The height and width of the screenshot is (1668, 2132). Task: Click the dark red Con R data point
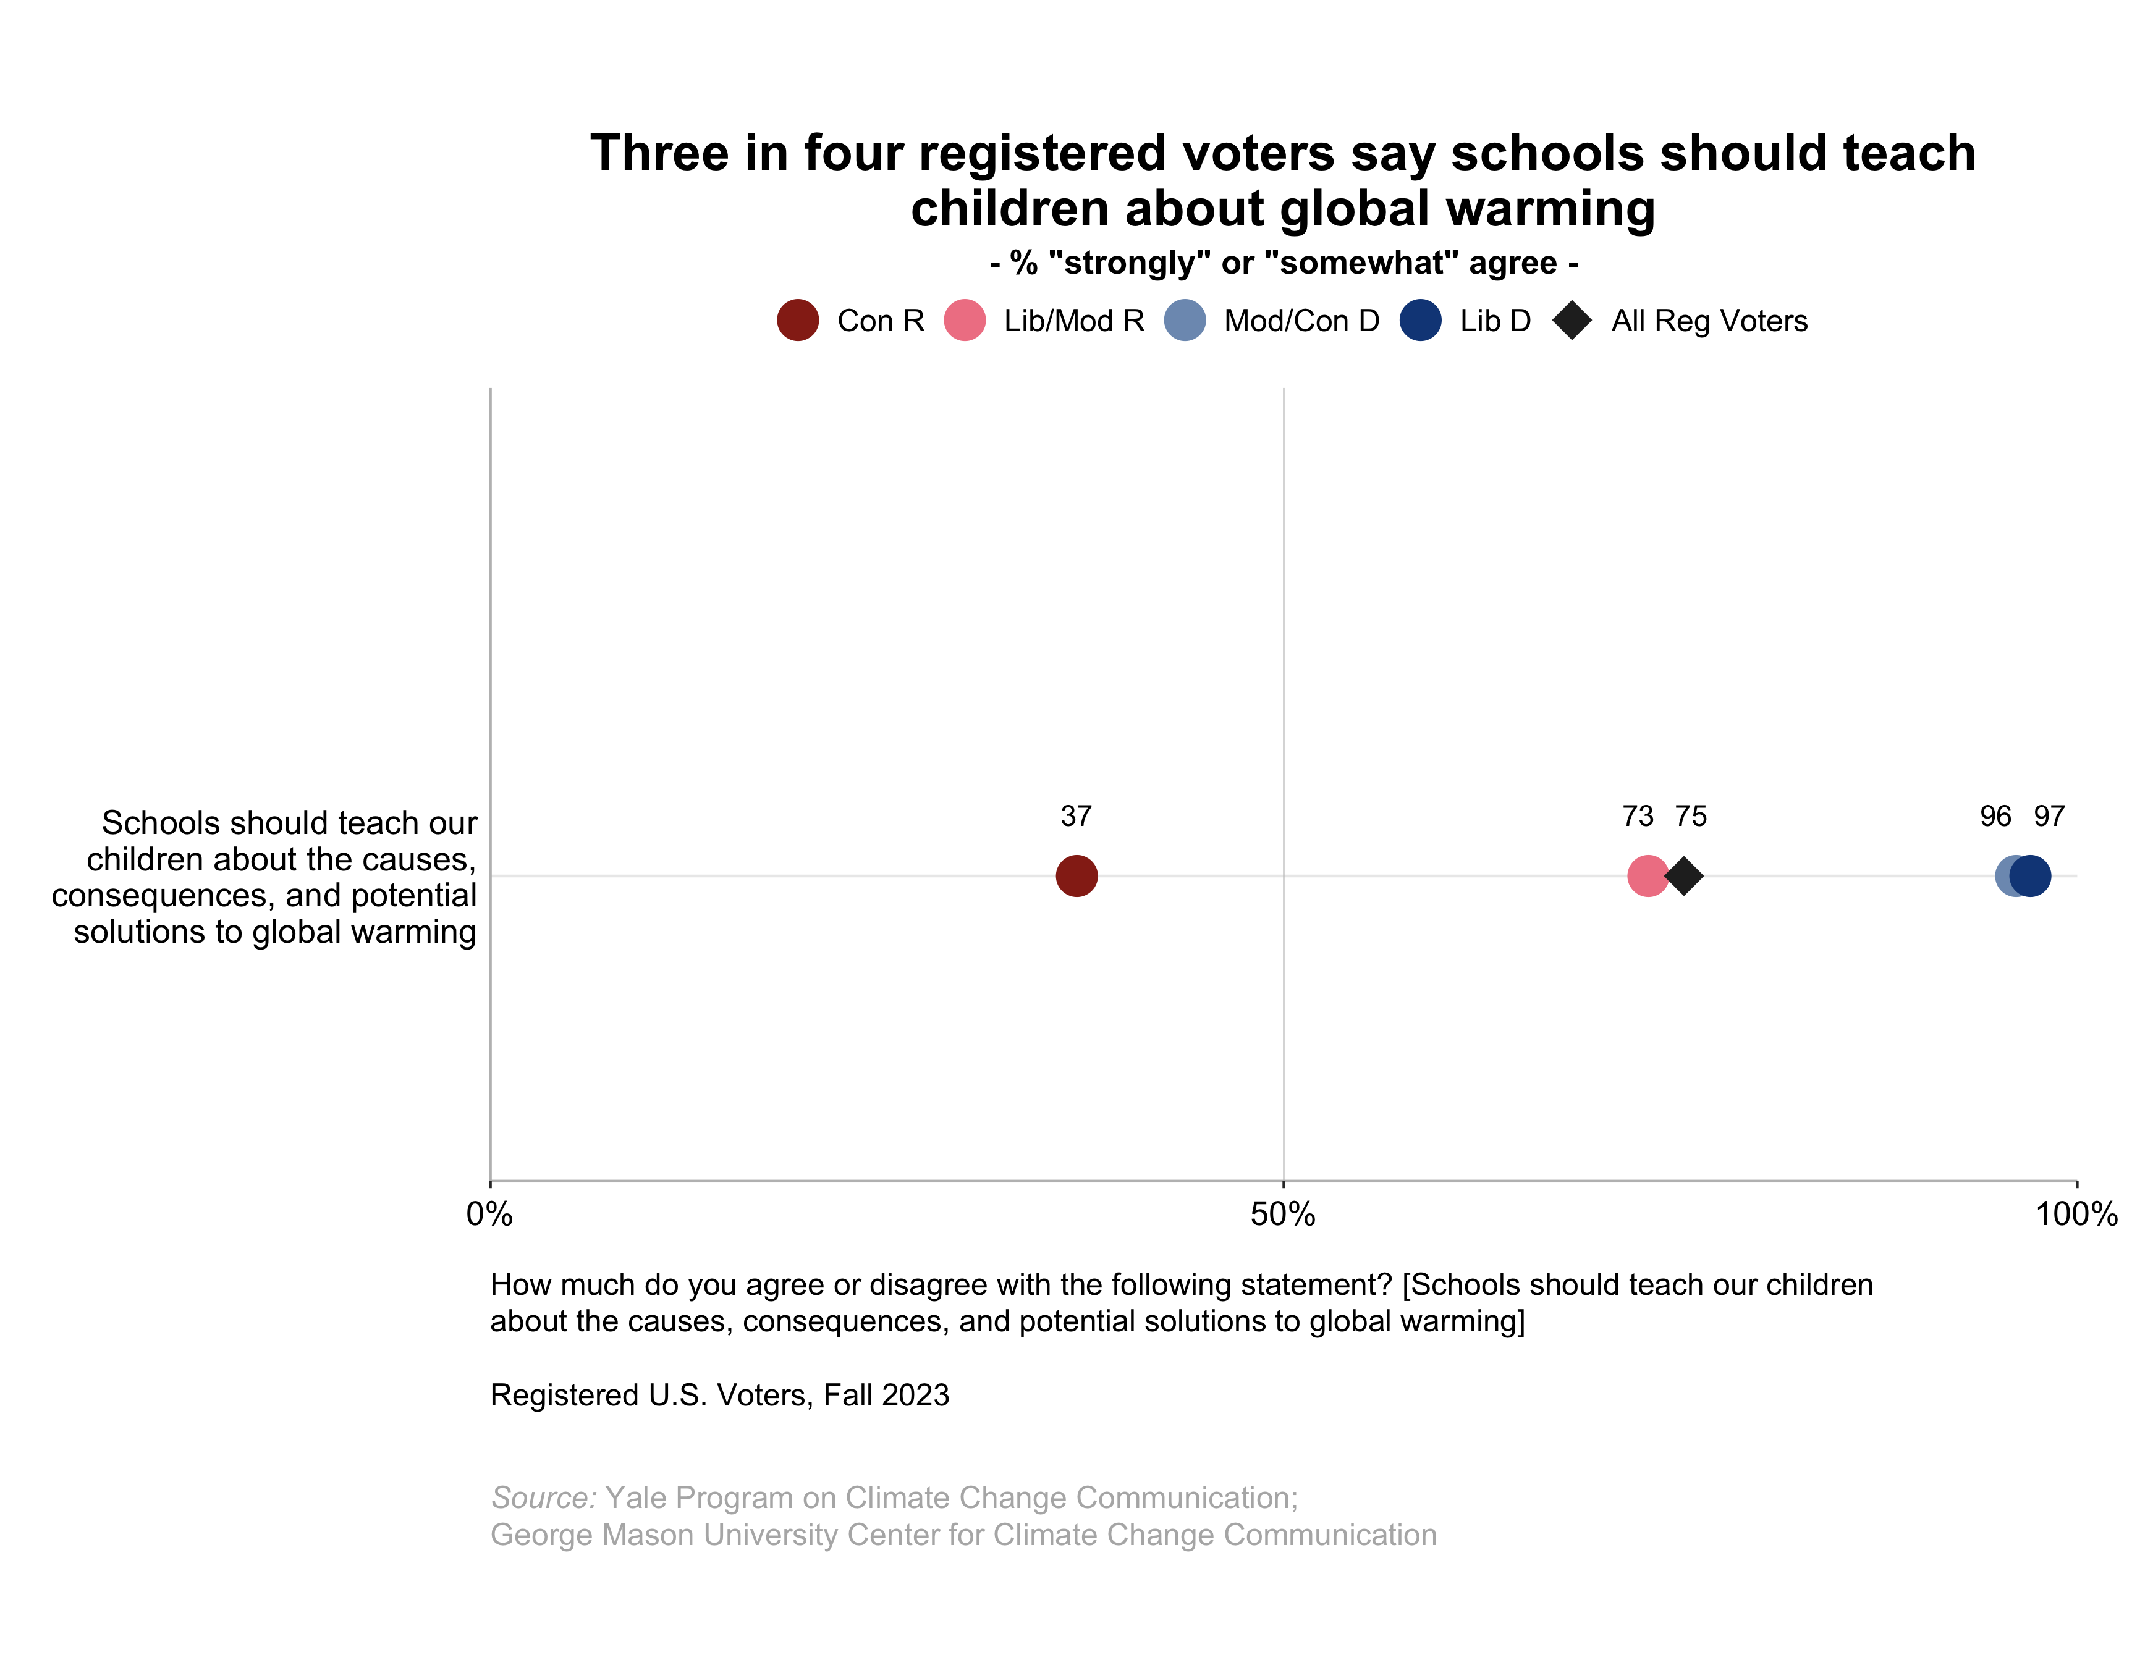[1077, 876]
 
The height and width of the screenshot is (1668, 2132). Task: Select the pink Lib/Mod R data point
[1647, 876]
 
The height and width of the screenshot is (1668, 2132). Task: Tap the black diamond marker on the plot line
[1684, 876]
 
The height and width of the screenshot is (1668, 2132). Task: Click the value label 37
[1077, 817]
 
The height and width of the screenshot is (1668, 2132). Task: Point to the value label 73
[1638, 817]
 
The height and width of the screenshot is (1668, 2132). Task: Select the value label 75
[1691, 817]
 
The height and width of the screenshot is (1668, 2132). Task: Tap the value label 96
[1995, 817]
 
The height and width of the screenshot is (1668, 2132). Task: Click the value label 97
[2049, 817]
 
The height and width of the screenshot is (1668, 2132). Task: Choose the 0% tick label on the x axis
[489, 1215]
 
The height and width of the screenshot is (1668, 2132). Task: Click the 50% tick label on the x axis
[1282, 1215]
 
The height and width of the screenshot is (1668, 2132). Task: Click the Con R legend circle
[798, 321]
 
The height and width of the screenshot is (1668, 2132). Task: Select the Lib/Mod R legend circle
[965, 321]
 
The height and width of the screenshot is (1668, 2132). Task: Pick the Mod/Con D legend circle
[1185, 321]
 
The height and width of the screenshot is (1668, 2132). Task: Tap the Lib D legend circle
[1420, 321]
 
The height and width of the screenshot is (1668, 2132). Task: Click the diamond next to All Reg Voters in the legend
[1572, 321]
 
